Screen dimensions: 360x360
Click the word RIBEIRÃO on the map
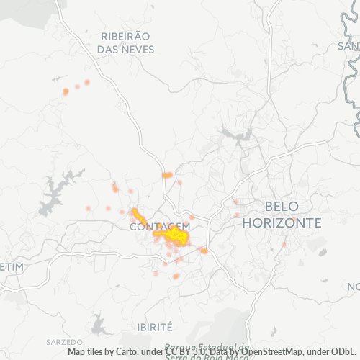point(125,36)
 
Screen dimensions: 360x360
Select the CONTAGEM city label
point(160,226)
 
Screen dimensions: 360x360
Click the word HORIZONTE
point(282,222)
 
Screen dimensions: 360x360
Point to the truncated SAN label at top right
point(348,45)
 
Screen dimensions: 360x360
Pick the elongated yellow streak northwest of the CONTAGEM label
point(138,216)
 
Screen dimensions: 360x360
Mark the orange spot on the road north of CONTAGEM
point(167,175)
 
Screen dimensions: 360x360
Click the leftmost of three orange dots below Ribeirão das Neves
point(66,91)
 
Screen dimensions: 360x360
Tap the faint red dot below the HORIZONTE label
point(284,244)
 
